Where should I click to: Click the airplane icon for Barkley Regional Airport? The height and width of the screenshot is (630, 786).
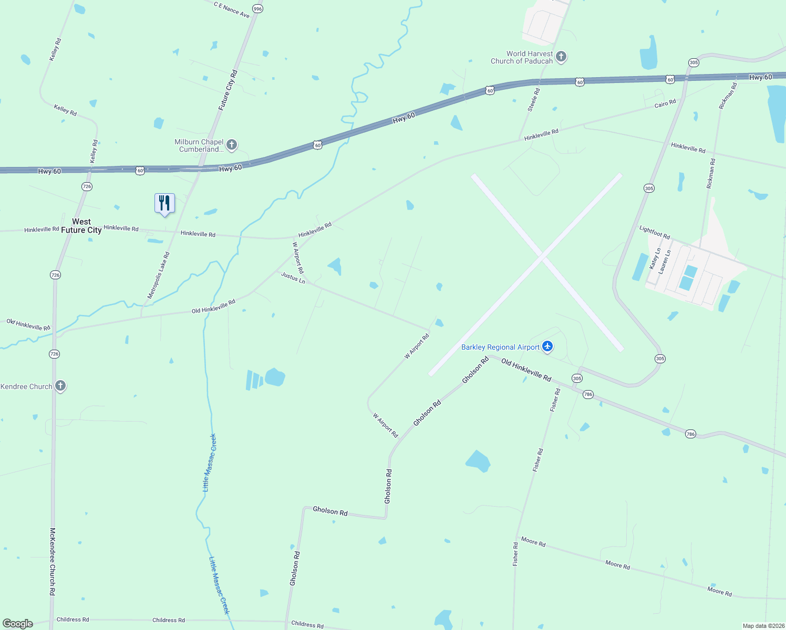(x=547, y=346)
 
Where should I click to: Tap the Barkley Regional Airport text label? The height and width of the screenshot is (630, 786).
(x=500, y=347)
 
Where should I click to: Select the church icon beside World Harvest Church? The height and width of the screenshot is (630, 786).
(x=561, y=56)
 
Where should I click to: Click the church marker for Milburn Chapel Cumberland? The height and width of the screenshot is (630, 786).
(x=231, y=144)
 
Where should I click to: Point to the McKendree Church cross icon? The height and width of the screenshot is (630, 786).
(x=60, y=386)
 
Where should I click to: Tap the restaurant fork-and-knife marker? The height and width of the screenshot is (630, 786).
(x=164, y=203)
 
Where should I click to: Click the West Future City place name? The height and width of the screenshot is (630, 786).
(x=81, y=226)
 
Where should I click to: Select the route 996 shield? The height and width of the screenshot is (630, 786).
(x=257, y=9)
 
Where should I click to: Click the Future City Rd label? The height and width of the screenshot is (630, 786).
(x=228, y=90)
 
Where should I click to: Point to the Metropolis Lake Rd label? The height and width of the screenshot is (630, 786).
(x=159, y=276)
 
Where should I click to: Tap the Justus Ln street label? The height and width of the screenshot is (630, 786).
(x=293, y=277)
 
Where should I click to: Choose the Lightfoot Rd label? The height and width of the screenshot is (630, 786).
(x=655, y=232)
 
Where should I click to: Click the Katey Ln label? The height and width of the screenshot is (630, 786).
(x=655, y=259)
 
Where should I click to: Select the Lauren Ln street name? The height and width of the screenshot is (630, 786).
(x=665, y=261)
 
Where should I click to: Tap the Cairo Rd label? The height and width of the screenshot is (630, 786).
(x=665, y=103)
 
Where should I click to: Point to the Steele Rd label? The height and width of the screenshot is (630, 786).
(x=533, y=100)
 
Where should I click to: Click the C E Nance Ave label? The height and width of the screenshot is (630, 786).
(x=232, y=9)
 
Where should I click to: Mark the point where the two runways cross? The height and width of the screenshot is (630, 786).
(x=543, y=257)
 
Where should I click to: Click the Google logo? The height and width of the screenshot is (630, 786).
(x=18, y=624)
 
